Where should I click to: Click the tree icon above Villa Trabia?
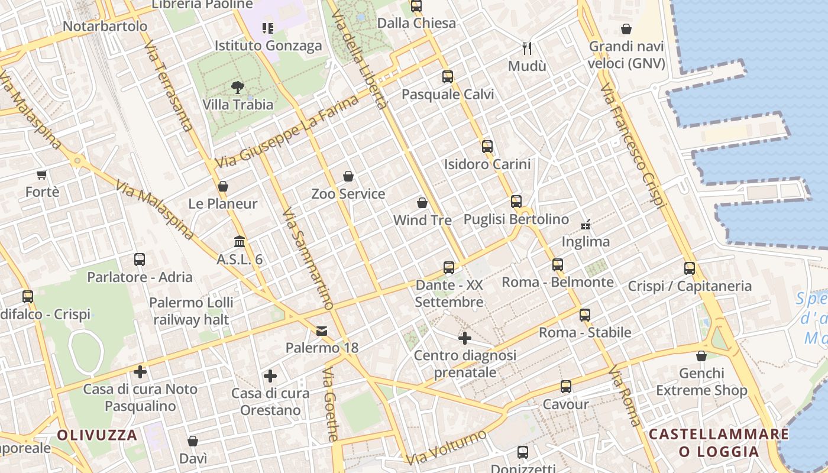(x=238, y=88)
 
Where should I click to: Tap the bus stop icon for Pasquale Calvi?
(x=447, y=76)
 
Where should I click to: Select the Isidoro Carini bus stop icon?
(x=487, y=146)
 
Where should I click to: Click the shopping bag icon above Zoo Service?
(x=348, y=176)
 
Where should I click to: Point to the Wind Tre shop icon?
(x=422, y=203)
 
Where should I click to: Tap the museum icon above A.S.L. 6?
(x=240, y=242)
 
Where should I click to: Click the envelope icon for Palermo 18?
(x=322, y=331)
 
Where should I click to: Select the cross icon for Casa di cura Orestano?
(x=270, y=376)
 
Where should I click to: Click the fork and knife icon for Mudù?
(x=527, y=48)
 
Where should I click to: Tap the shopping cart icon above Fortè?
(x=41, y=174)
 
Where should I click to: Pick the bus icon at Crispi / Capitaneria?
(x=689, y=268)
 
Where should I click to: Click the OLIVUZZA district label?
(x=97, y=436)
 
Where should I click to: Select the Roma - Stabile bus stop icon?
(x=585, y=315)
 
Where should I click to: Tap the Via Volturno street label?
(x=446, y=447)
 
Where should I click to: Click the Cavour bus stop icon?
(x=566, y=387)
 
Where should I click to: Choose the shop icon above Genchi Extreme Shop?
(x=701, y=356)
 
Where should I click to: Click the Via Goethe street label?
(x=331, y=404)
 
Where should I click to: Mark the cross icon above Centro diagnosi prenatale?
(x=465, y=338)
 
